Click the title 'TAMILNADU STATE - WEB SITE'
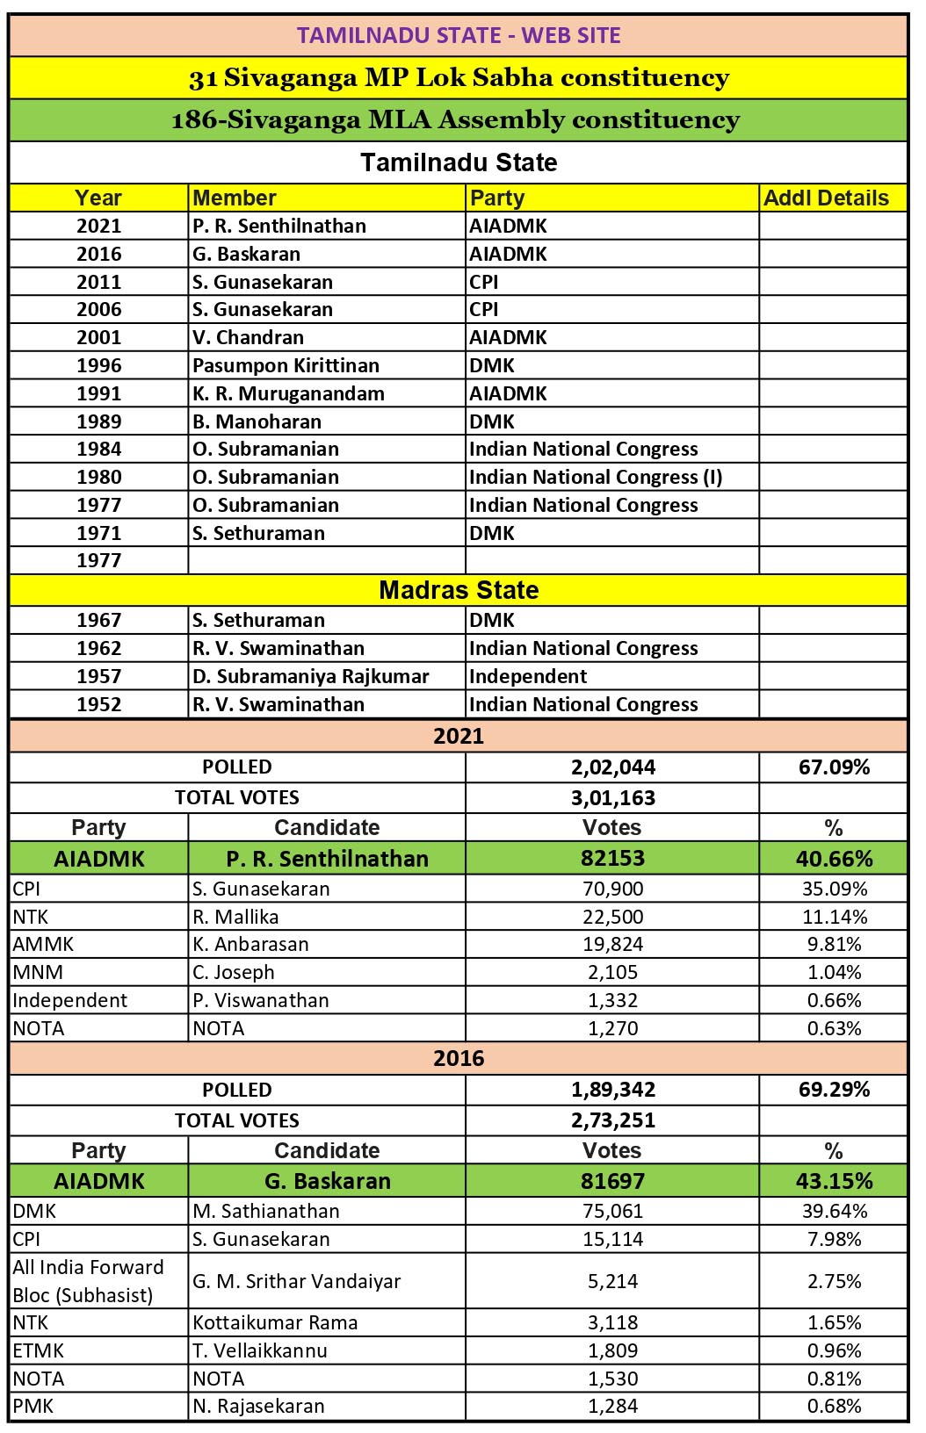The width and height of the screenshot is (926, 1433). coord(459,35)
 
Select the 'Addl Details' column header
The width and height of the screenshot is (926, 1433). coord(826,198)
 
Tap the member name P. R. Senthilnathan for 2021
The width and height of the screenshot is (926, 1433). coord(279,226)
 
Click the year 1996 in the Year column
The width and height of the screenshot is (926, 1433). coord(98,365)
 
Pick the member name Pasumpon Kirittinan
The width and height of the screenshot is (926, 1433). coord(286,365)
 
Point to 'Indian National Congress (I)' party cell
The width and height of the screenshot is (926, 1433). coord(596,477)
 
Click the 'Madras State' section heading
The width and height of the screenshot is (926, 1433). coord(459,590)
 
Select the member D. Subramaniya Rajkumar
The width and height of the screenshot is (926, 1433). coord(311,676)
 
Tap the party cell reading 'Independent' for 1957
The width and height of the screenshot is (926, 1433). coord(528,676)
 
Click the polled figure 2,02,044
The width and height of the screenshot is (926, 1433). coord(612,767)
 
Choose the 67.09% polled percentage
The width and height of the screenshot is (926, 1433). coord(834,767)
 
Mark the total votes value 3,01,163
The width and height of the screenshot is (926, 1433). coord(612,798)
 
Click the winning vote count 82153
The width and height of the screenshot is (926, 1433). coord(612,858)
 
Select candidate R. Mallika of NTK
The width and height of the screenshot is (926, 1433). coord(235,917)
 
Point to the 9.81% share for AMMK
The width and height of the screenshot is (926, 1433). coord(834,944)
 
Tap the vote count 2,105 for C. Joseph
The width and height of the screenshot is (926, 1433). coord(612,972)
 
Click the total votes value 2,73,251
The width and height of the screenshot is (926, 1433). coord(612,1120)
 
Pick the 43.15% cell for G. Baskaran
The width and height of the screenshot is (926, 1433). coord(834,1181)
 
